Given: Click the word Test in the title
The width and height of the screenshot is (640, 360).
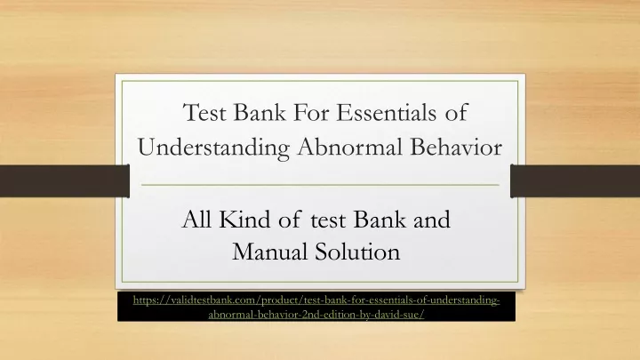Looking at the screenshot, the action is [x=204, y=112].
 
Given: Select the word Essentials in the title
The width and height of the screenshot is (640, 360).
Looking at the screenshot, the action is [x=386, y=112].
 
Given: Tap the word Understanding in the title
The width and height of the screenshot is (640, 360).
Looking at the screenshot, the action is [x=214, y=148].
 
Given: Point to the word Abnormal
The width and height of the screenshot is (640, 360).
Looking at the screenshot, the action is [x=350, y=147].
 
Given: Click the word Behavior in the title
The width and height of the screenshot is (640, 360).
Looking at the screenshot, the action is [x=456, y=147].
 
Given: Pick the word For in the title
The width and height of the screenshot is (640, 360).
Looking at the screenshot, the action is [x=311, y=112].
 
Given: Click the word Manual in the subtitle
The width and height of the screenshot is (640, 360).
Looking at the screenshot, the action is [x=270, y=252].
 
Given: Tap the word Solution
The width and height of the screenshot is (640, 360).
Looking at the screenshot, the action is [x=357, y=252].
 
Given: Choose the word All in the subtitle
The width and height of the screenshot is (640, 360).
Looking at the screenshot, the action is [x=196, y=220].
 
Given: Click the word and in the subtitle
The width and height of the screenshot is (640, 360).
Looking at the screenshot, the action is [x=432, y=220].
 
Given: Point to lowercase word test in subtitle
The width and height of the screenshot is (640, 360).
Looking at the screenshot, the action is [x=328, y=220].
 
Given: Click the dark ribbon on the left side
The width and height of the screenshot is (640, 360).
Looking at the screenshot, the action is [x=65, y=181].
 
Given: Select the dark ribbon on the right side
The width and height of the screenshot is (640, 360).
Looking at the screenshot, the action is [x=575, y=181].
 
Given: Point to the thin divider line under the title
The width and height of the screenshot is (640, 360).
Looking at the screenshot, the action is [x=320, y=185].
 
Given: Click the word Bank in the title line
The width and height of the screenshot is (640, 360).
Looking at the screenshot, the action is [x=260, y=112].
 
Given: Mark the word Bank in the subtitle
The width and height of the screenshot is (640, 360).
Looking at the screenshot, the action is [x=380, y=220].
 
